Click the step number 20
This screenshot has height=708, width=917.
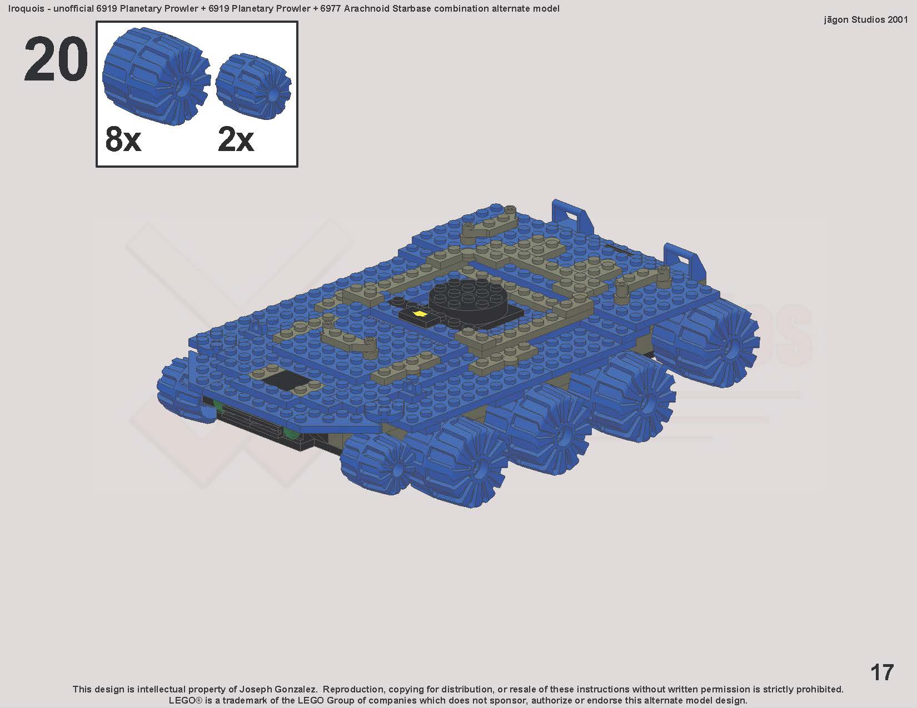(x=56, y=59)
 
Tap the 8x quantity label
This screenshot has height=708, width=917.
(x=123, y=139)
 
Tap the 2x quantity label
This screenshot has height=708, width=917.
(x=236, y=139)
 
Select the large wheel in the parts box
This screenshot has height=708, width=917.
(x=156, y=76)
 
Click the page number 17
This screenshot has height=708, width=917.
(x=882, y=672)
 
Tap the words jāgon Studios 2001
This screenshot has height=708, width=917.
(x=865, y=20)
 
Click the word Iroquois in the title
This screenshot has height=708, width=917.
(x=26, y=9)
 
